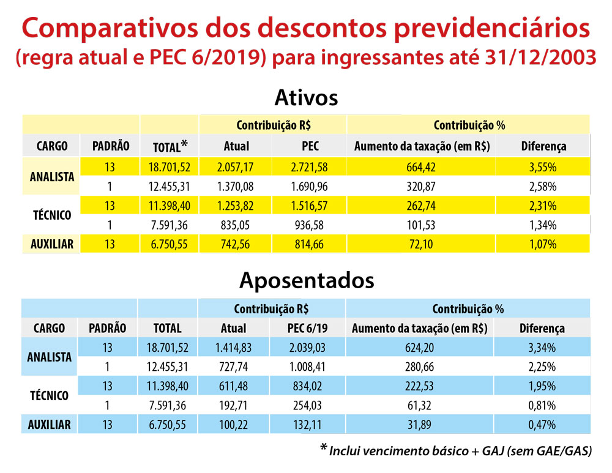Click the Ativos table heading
pyautogui.click(x=306, y=98)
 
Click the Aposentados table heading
pyautogui.click(x=306, y=280)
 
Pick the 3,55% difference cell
pyautogui.click(x=543, y=166)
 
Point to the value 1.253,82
pyautogui.click(x=236, y=206)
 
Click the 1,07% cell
pyautogui.click(x=543, y=245)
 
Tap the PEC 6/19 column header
pyautogui.click(x=308, y=329)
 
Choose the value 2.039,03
pyautogui.click(x=308, y=348)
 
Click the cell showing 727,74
pyautogui.click(x=233, y=368)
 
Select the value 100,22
pyautogui.click(x=233, y=424)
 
